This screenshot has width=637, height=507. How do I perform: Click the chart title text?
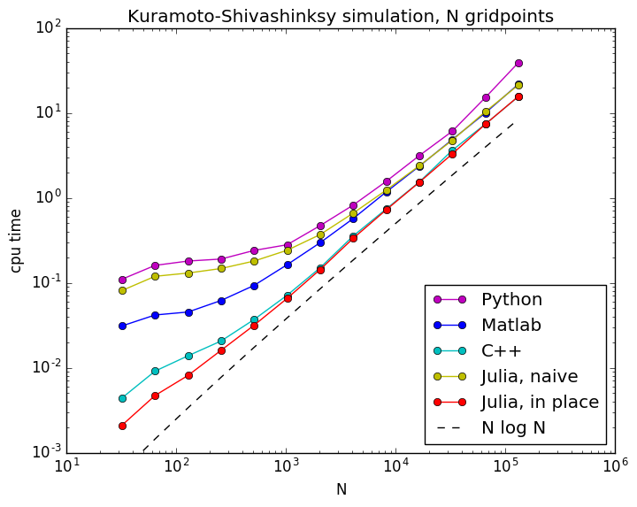(x=341, y=16)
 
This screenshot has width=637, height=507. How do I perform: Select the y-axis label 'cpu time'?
(x=16, y=240)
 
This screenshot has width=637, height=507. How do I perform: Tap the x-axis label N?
(x=341, y=489)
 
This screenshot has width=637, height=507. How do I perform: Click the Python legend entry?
(x=511, y=299)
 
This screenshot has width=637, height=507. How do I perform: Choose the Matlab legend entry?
(x=510, y=325)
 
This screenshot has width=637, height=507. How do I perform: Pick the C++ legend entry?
(x=501, y=351)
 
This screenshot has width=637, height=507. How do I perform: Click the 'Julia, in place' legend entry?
(x=540, y=403)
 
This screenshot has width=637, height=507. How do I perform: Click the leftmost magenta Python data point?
(x=122, y=280)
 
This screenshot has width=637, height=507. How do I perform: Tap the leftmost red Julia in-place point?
(x=122, y=426)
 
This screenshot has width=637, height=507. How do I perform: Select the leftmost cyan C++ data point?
(x=122, y=398)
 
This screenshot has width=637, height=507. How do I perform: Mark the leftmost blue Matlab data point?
(x=122, y=326)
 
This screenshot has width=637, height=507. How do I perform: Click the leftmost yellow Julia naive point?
(x=122, y=290)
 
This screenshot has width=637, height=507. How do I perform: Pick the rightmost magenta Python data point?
(x=518, y=63)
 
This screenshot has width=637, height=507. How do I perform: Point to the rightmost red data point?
(x=518, y=96)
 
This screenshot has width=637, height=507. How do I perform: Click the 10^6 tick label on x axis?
(x=614, y=466)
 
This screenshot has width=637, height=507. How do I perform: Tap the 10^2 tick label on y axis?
(x=46, y=27)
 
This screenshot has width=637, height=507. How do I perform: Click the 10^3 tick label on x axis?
(x=285, y=466)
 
